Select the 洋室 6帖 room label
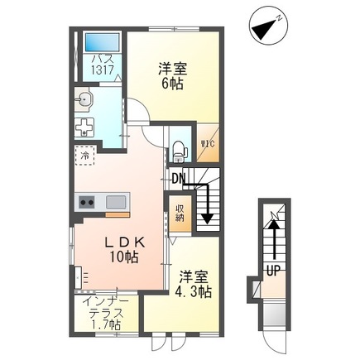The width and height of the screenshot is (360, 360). (x=173, y=76)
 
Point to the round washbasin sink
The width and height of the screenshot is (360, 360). (x=84, y=100)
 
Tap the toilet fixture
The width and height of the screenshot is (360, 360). (x=179, y=150)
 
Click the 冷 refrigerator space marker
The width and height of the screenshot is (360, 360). (x=85, y=155)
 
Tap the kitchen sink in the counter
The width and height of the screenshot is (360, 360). (x=115, y=202)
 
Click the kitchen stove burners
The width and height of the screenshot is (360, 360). (x=86, y=202)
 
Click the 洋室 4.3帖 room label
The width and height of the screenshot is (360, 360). (x=194, y=283)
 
